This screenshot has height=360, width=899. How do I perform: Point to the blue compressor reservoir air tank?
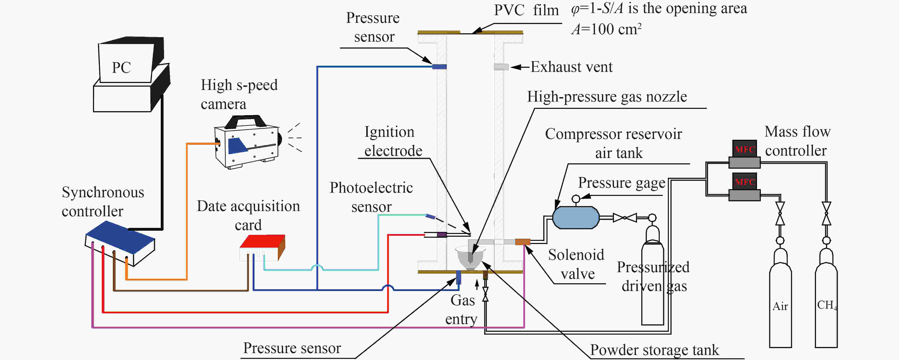point(576,217)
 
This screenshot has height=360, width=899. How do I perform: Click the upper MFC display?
point(744,149)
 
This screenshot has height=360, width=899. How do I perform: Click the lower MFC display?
point(744,182)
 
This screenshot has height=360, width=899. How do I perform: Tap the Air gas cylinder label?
point(780,306)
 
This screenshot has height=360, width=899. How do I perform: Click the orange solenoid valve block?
point(523,242)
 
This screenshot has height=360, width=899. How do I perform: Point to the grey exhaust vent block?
point(501,67)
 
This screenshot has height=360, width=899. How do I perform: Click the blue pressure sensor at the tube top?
point(439,66)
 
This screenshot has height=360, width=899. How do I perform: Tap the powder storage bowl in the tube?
point(470,258)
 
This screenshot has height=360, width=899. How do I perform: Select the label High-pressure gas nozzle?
point(607,96)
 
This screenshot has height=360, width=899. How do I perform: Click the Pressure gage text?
point(621,183)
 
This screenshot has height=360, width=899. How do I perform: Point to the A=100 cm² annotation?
point(606,29)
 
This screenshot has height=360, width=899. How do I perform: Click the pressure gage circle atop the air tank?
point(576,199)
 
